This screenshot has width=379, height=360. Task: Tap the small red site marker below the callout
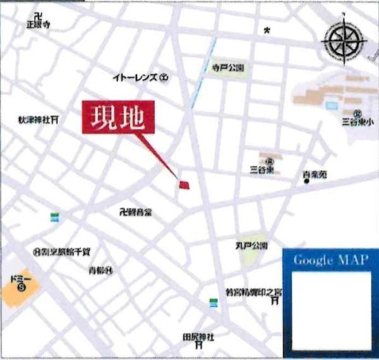coord(184,184)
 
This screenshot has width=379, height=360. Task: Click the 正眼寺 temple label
coord(38,24)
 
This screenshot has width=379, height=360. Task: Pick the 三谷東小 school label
coord(354,120)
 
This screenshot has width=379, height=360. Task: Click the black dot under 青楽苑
coord(306,182)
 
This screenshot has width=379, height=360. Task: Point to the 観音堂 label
coord(136,212)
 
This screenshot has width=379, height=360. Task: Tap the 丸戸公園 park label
coord(251,245)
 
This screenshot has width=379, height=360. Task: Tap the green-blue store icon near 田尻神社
coord(214,304)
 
